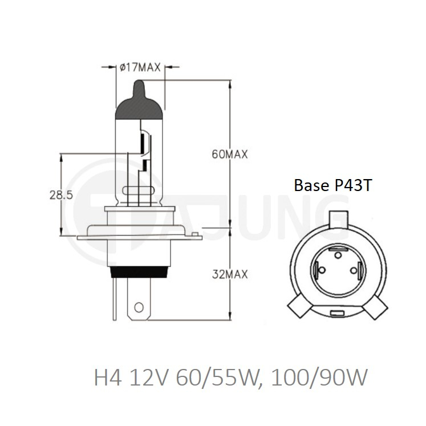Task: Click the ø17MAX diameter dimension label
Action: pos(140,67)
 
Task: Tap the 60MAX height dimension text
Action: pos(230,155)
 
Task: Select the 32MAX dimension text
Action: pos(230,274)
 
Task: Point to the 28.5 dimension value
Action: pos(61,195)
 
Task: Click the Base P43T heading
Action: pos(332,185)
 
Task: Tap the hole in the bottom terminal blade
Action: pos(139,307)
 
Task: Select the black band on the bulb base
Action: pos(139,272)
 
